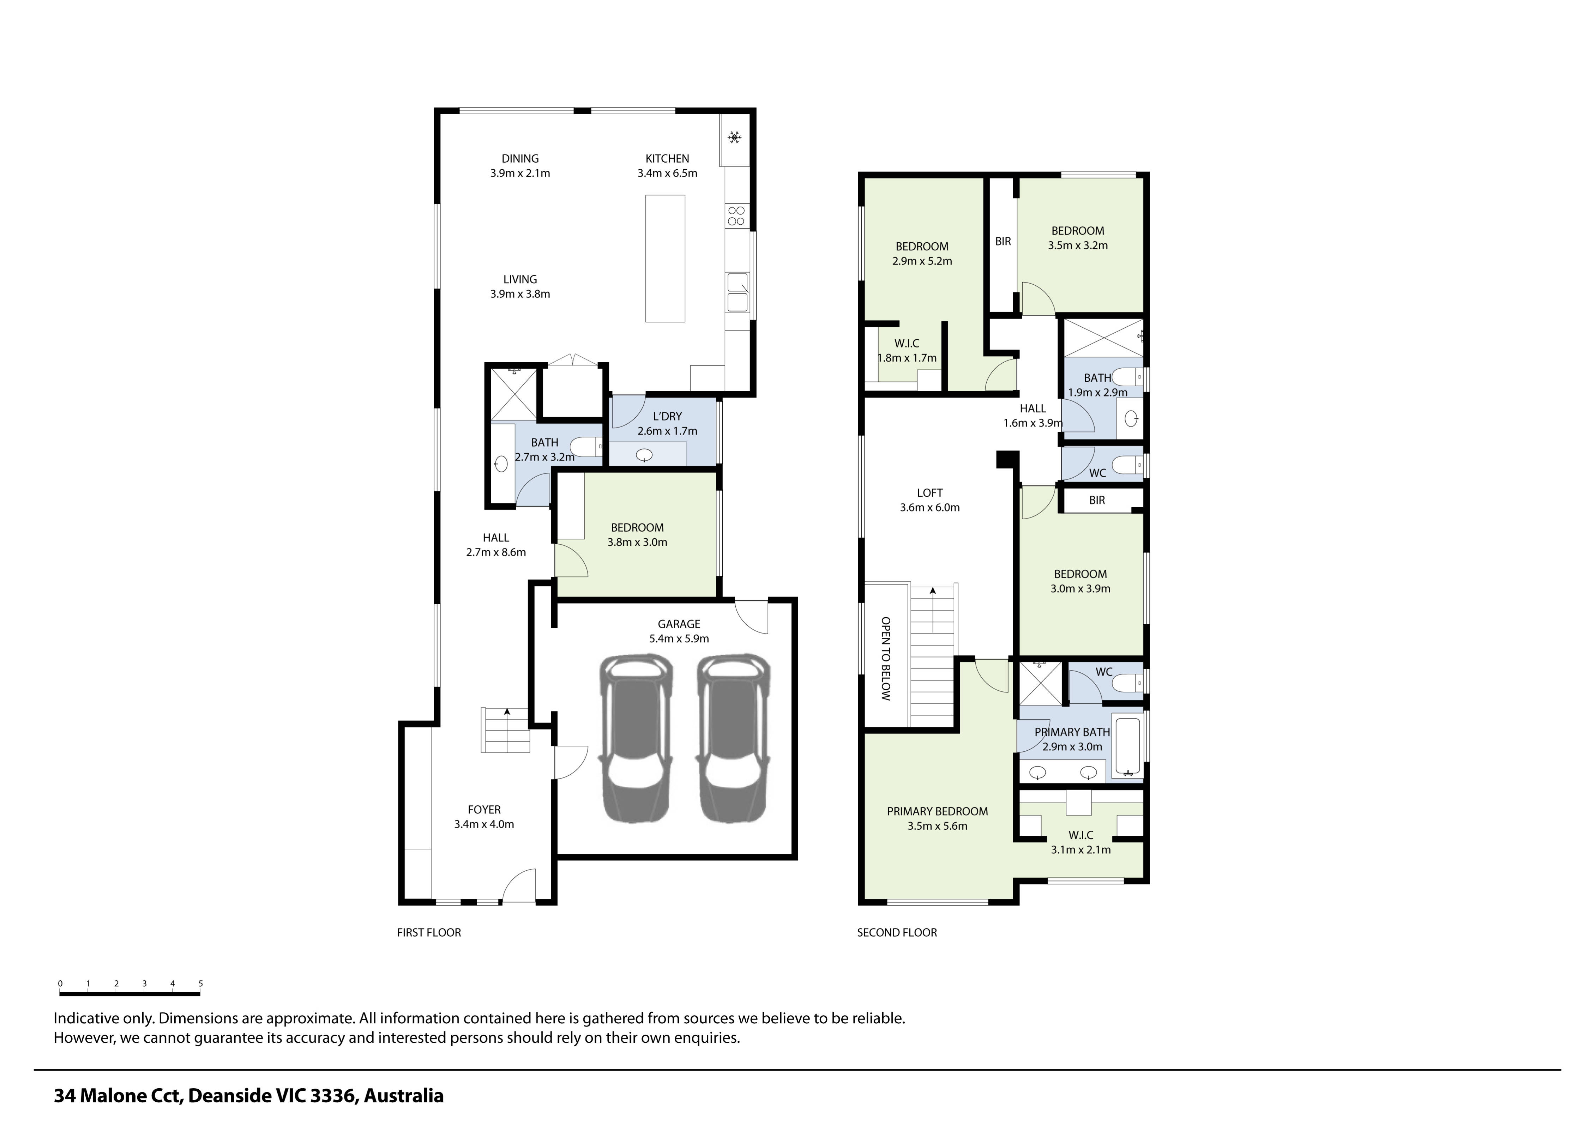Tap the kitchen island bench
(664, 259)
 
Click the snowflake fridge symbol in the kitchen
(734, 137)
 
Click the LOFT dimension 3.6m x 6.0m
(929, 508)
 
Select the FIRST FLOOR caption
(429, 933)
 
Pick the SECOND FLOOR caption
(897, 933)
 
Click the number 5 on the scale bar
(201, 983)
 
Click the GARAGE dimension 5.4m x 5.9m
(679, 638)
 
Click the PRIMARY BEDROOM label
(937, 811)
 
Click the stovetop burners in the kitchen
(736, 216)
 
